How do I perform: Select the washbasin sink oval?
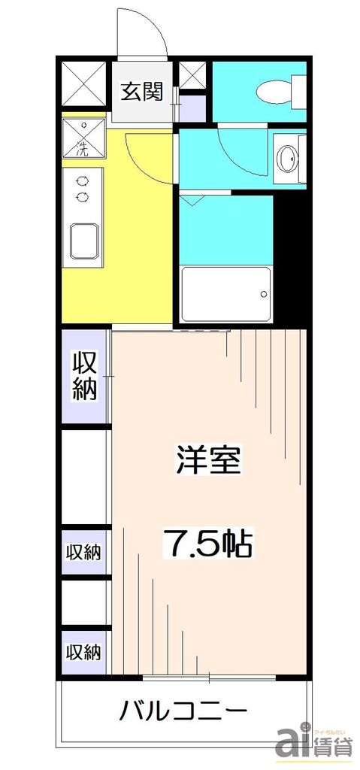coord(287,159)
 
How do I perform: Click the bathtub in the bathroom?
coord(225,294)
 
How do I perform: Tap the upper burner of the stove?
coord(82,180)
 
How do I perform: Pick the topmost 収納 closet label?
coord(85,376)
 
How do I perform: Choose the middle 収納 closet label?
coord(84,553)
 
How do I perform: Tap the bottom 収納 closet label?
coord(84,651)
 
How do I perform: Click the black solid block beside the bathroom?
coord(289,256)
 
